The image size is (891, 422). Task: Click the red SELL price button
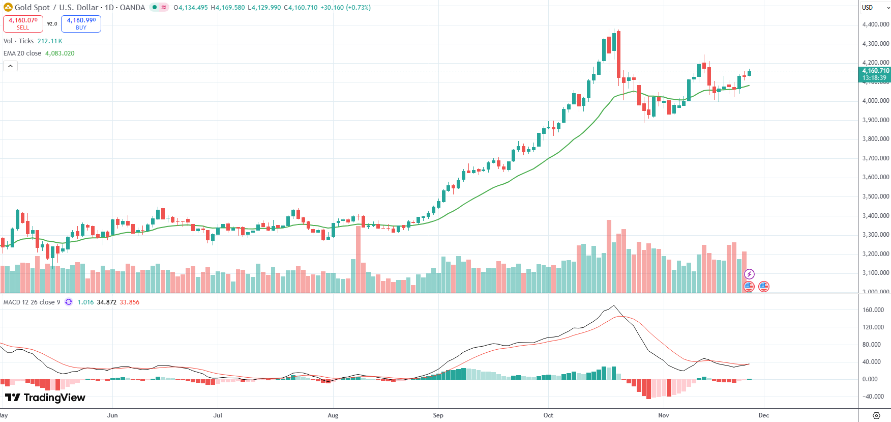coord(23,23)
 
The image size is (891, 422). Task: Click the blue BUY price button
coord(81,23)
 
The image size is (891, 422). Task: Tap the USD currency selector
coord(874,8)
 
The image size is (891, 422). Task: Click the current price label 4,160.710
coord(875,71)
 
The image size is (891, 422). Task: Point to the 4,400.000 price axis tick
coord(875,24)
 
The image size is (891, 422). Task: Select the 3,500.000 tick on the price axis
coord(875,196)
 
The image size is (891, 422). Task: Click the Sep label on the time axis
coord(438,415)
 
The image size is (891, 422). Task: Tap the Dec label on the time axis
coord(763,415)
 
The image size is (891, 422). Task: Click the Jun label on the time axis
coord(112,415)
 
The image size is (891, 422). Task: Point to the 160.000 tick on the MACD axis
coord(873,310)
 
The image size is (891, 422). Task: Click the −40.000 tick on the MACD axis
coord(873,397)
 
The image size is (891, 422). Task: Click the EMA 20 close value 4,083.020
coord(60,53)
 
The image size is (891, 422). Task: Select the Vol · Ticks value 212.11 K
coord(50,41)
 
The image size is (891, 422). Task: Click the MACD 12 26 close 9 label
coord(32,302)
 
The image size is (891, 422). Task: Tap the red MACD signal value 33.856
coord(129,302)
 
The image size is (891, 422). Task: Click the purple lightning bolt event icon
coord(749,274)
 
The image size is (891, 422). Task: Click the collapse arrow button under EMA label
coord(10,66)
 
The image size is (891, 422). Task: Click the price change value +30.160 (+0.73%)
coord(345,8)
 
